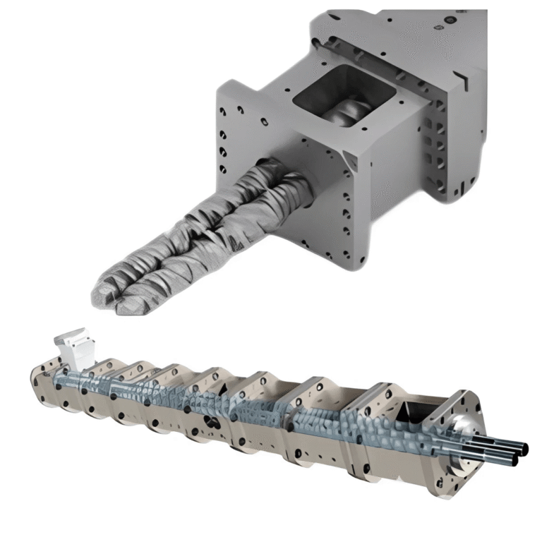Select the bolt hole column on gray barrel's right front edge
coord(346,212)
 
